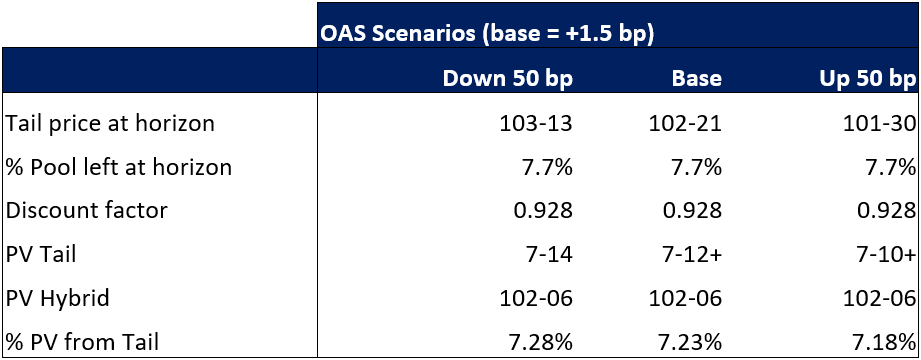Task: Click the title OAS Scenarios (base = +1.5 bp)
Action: click(x=487, y=33)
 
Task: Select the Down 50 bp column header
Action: click(x=507, y=79)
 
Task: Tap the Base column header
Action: click(x=697, y=79)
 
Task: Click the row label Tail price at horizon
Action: click(x=110, y=124)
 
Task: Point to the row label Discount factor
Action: click(x=86, y=211)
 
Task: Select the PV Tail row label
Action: click(x=41, y=255)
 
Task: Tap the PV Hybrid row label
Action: click(x=57, y=298)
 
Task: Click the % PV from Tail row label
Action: click(x=82, y=342)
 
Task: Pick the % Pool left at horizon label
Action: click(x=118, y=167)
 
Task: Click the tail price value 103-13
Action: click(x=536, y=124)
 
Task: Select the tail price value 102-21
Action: click(x=685, y=124)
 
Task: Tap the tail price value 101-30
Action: click(x=880, y=124)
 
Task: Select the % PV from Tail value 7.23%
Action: click(x=687, y=342)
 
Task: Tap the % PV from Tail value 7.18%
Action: click(x=882, y=342)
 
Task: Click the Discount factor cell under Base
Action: click(x=692, y=211)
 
